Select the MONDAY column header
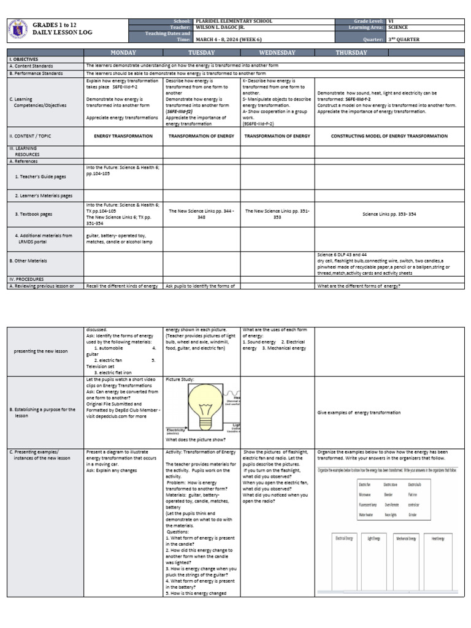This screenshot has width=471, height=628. coord(123,53)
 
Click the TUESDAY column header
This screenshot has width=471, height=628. coord(201,53)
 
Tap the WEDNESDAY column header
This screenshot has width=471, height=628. coord(277,53)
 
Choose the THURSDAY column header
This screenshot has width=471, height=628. coord(351,53)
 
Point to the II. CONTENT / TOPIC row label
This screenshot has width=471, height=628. coord(33,136)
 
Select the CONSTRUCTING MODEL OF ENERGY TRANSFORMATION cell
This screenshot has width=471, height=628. coord(389,136)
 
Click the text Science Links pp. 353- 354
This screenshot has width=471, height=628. coord(389,214)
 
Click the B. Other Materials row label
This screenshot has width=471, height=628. coord(29,261)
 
